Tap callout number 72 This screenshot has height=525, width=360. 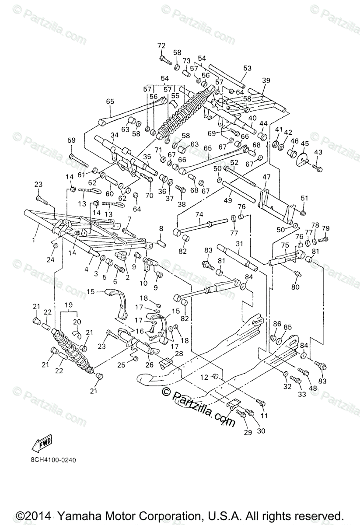pyautogui.click(x=161, y=46)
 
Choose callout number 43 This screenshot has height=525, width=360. pyautogui.click(x=318, y=152)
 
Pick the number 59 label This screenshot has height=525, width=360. pyautogui.click(x=71, y=140)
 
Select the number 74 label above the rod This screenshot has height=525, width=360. pyautogui.click(x=199, y=214)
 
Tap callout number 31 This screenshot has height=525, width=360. pyautogui.click(x=239, y=244)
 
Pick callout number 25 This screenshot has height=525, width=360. pyautogui.click(x=121, y=364)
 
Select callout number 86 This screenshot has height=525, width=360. pyautogui.click(x=277, y=324)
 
